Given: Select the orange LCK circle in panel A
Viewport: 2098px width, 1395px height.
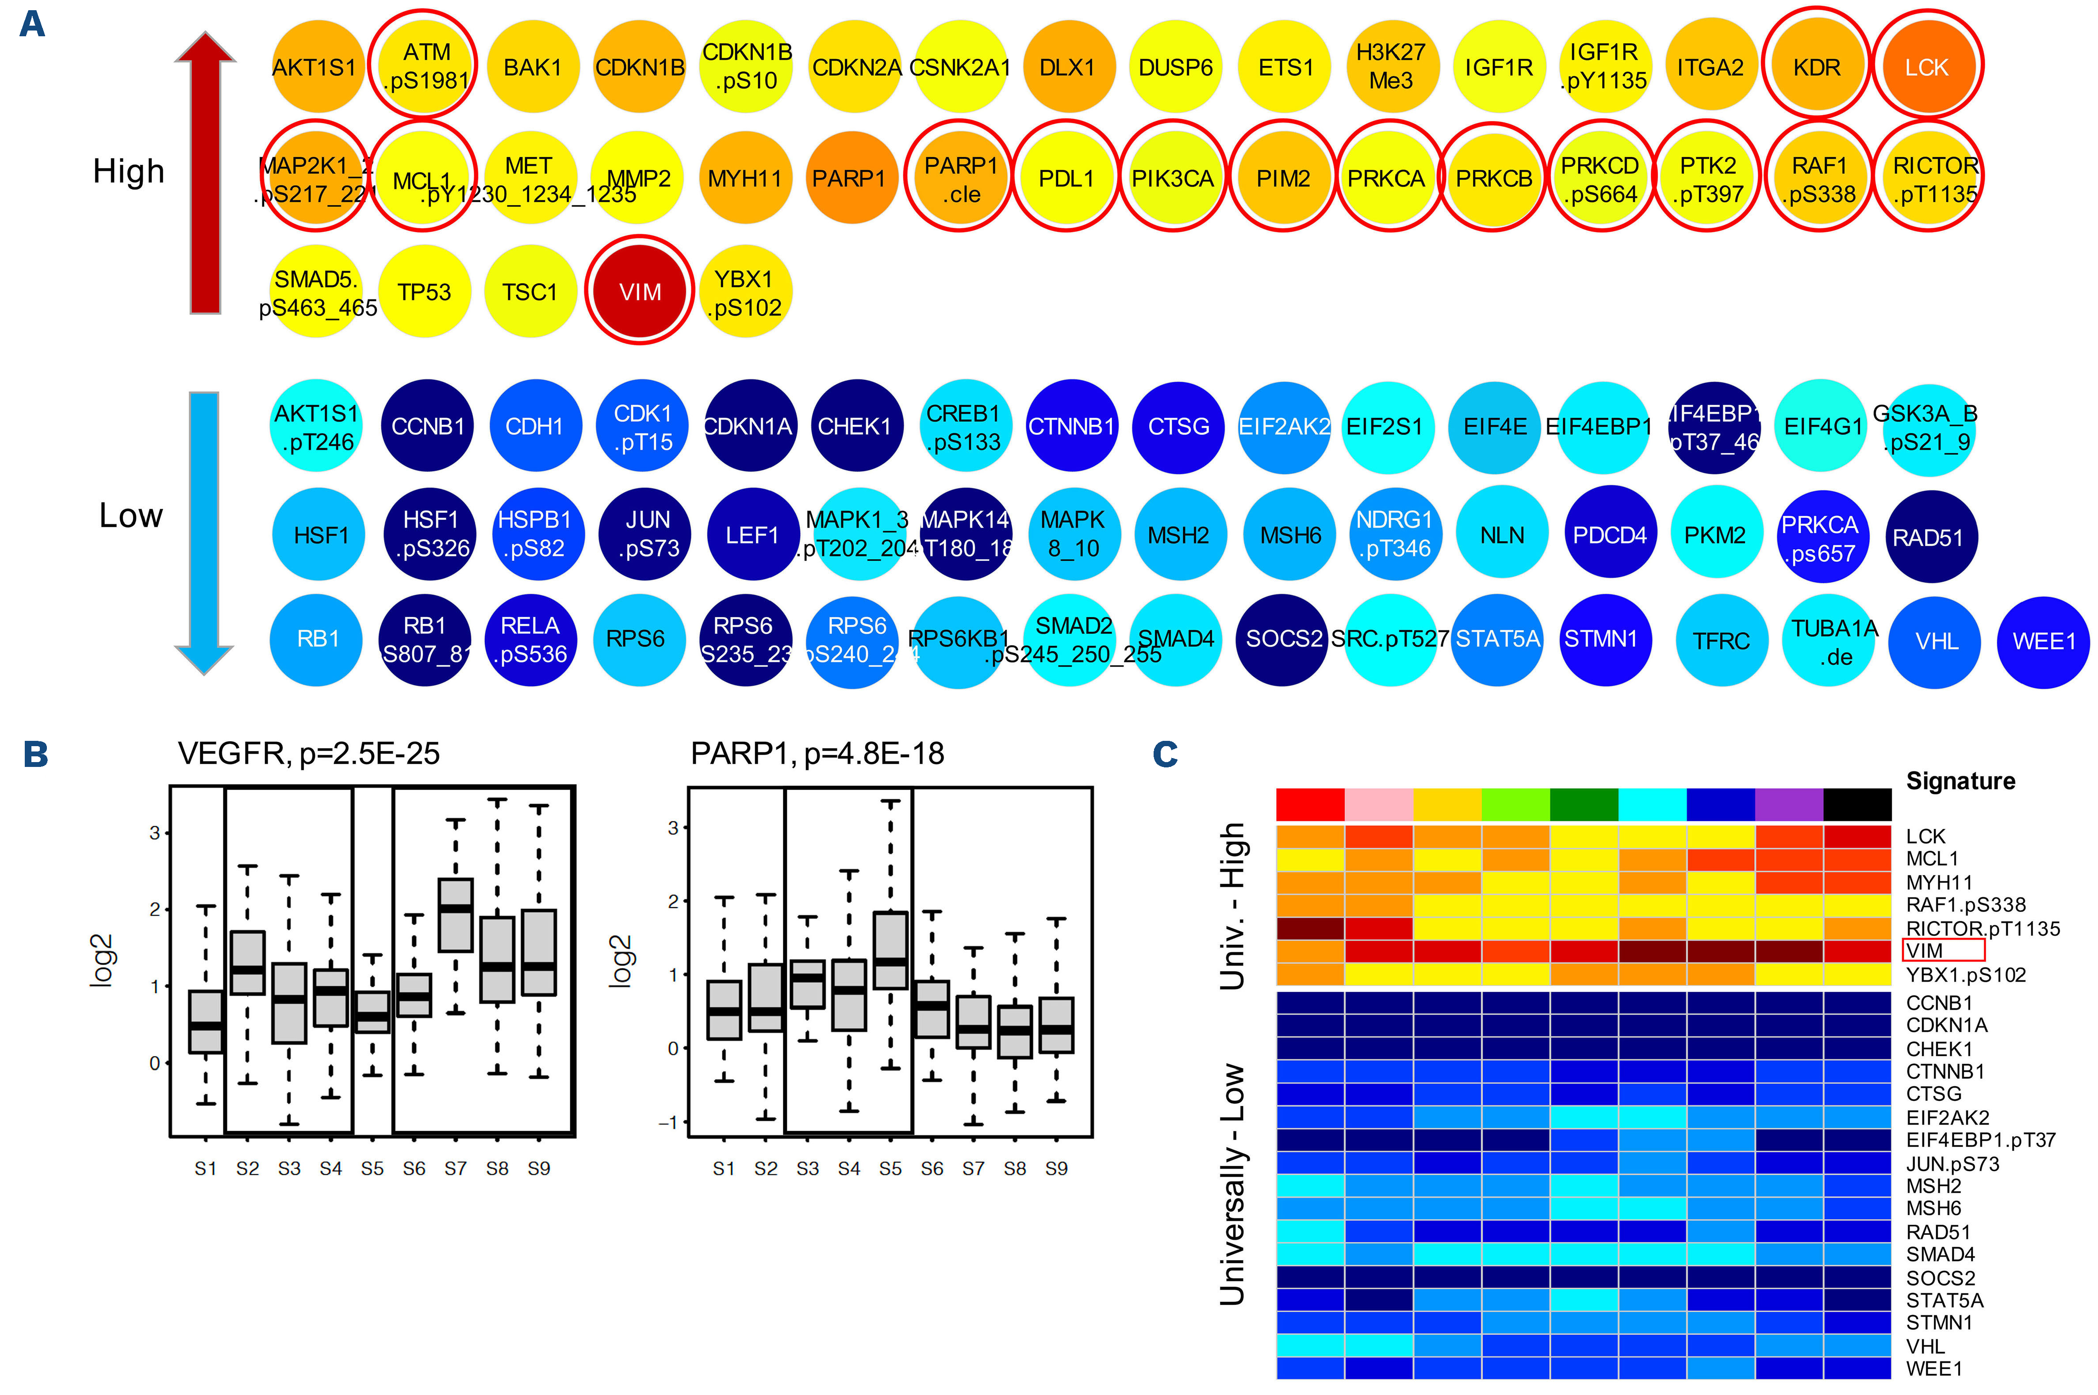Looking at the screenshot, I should click(1926, 67).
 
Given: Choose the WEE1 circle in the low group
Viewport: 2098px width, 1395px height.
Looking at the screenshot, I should click(2044, 641).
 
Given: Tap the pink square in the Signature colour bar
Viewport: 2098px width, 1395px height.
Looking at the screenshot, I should click(1378, 804).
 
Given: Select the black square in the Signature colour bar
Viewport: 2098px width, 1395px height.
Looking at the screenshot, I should click(1857, 804).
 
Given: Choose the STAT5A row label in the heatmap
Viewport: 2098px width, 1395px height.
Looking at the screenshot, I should click(1944, 1300).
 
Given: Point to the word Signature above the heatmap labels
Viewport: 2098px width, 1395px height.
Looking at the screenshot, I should click(1960, 781).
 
